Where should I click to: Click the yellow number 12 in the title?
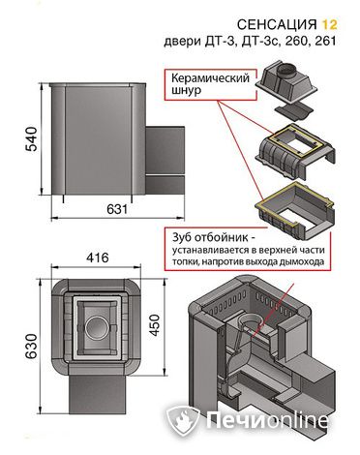[x=329, y=24]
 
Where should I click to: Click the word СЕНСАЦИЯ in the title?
[x=277, y=24]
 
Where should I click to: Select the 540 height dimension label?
[x=32, y=138]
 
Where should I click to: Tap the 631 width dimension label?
[x=117, y=209]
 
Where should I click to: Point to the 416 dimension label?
[x=98, y=258]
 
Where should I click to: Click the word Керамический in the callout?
[x=210, y=78]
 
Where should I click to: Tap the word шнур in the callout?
[x=186, y=90]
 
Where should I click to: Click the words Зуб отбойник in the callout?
[x=210, y=238]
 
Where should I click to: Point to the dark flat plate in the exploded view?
[x=293, y=111]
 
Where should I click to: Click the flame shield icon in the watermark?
[x=182, y=419]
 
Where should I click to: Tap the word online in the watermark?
[x=296, y=420]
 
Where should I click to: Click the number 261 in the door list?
[x=323, y=41]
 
